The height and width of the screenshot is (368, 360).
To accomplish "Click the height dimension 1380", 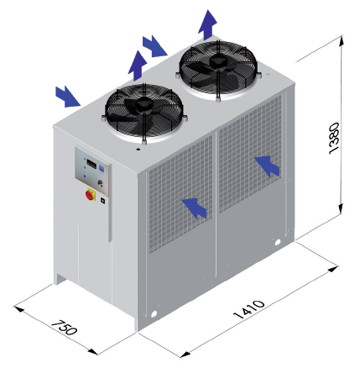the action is pos(334,138).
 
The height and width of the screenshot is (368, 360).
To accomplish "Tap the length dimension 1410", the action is pos(248,309).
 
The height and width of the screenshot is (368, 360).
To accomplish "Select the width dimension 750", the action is pos(64,327).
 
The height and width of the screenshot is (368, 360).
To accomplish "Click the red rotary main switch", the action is pos(91,195).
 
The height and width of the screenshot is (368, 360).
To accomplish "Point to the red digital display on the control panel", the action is pos(91,164).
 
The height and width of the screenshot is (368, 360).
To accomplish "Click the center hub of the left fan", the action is pos(143,103).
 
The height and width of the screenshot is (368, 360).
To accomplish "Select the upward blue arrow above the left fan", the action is pos(138,66).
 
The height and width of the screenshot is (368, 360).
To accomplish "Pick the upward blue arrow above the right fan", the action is pos(207,25).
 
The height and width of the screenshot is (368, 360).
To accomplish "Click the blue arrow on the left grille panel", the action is pos(194,208).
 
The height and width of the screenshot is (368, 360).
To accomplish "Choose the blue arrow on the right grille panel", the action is pos(267,166).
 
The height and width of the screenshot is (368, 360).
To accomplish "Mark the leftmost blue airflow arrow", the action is pos(68,97).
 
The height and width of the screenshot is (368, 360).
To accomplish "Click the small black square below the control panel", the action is pos(102,201).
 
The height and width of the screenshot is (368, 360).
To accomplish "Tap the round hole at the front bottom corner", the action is pos(154,314).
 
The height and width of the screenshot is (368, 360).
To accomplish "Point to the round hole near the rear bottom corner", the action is pos(278,242).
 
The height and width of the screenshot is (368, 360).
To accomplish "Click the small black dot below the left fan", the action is pos(138,149).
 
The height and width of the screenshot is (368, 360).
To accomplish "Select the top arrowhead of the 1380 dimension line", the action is pos(341,41).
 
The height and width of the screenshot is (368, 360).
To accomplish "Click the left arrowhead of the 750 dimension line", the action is pos(19,308).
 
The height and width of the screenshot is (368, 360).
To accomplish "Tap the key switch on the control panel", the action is pos(100,183).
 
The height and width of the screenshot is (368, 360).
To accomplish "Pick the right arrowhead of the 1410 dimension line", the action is pos(332,270).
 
